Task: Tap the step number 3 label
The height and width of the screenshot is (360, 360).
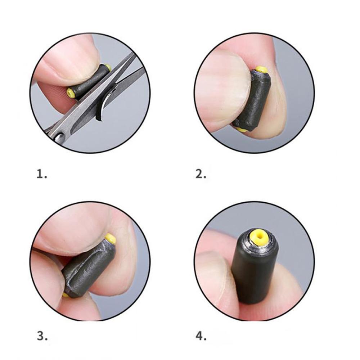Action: (42, 336)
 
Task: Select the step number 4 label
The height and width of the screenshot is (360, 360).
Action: (201, 336)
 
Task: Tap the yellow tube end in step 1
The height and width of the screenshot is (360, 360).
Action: (71, 93)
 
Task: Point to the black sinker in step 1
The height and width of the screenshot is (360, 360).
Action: (90, 81)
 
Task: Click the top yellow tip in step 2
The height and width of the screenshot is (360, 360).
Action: (262, 69)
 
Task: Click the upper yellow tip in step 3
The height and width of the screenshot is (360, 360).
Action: (110, 238)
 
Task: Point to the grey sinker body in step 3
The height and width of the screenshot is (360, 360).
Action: (88, 268)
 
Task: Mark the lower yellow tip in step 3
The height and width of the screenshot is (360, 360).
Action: (65, 295)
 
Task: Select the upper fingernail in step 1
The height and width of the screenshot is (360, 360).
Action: (68, 59)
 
